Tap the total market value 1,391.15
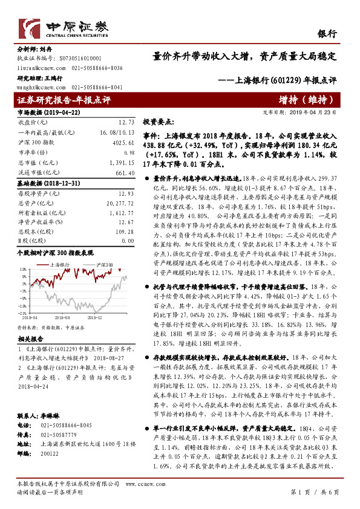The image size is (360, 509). point(123,163)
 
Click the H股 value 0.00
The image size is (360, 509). point(128,242)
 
